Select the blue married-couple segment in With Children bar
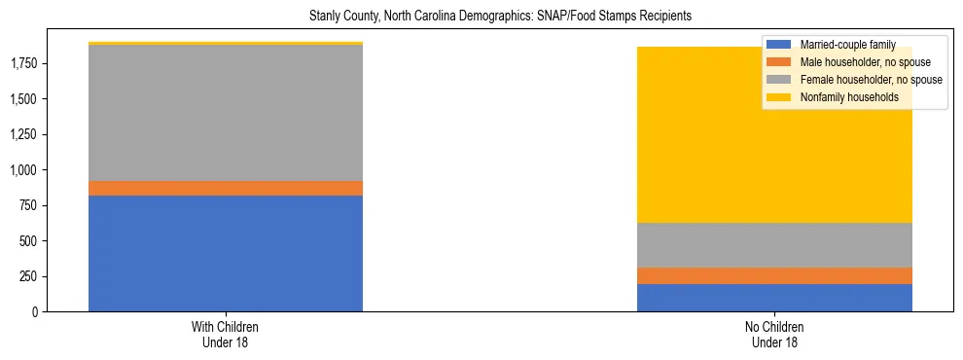coord(226,253)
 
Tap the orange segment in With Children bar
coord(226,188)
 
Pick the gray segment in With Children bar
coord(226,113)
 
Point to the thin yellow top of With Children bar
coord(226,44)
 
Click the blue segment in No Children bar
coord(774,298)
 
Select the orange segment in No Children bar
coord(774,275)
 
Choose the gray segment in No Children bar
coord(774,244)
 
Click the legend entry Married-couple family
coord(841,45)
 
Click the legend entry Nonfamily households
coord(842,97)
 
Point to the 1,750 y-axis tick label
coord(24,63)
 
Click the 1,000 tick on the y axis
coord(24,170)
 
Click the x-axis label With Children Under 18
coord(226,335)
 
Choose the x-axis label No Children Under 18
coord(774,335)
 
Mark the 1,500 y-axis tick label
coord(24,99)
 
